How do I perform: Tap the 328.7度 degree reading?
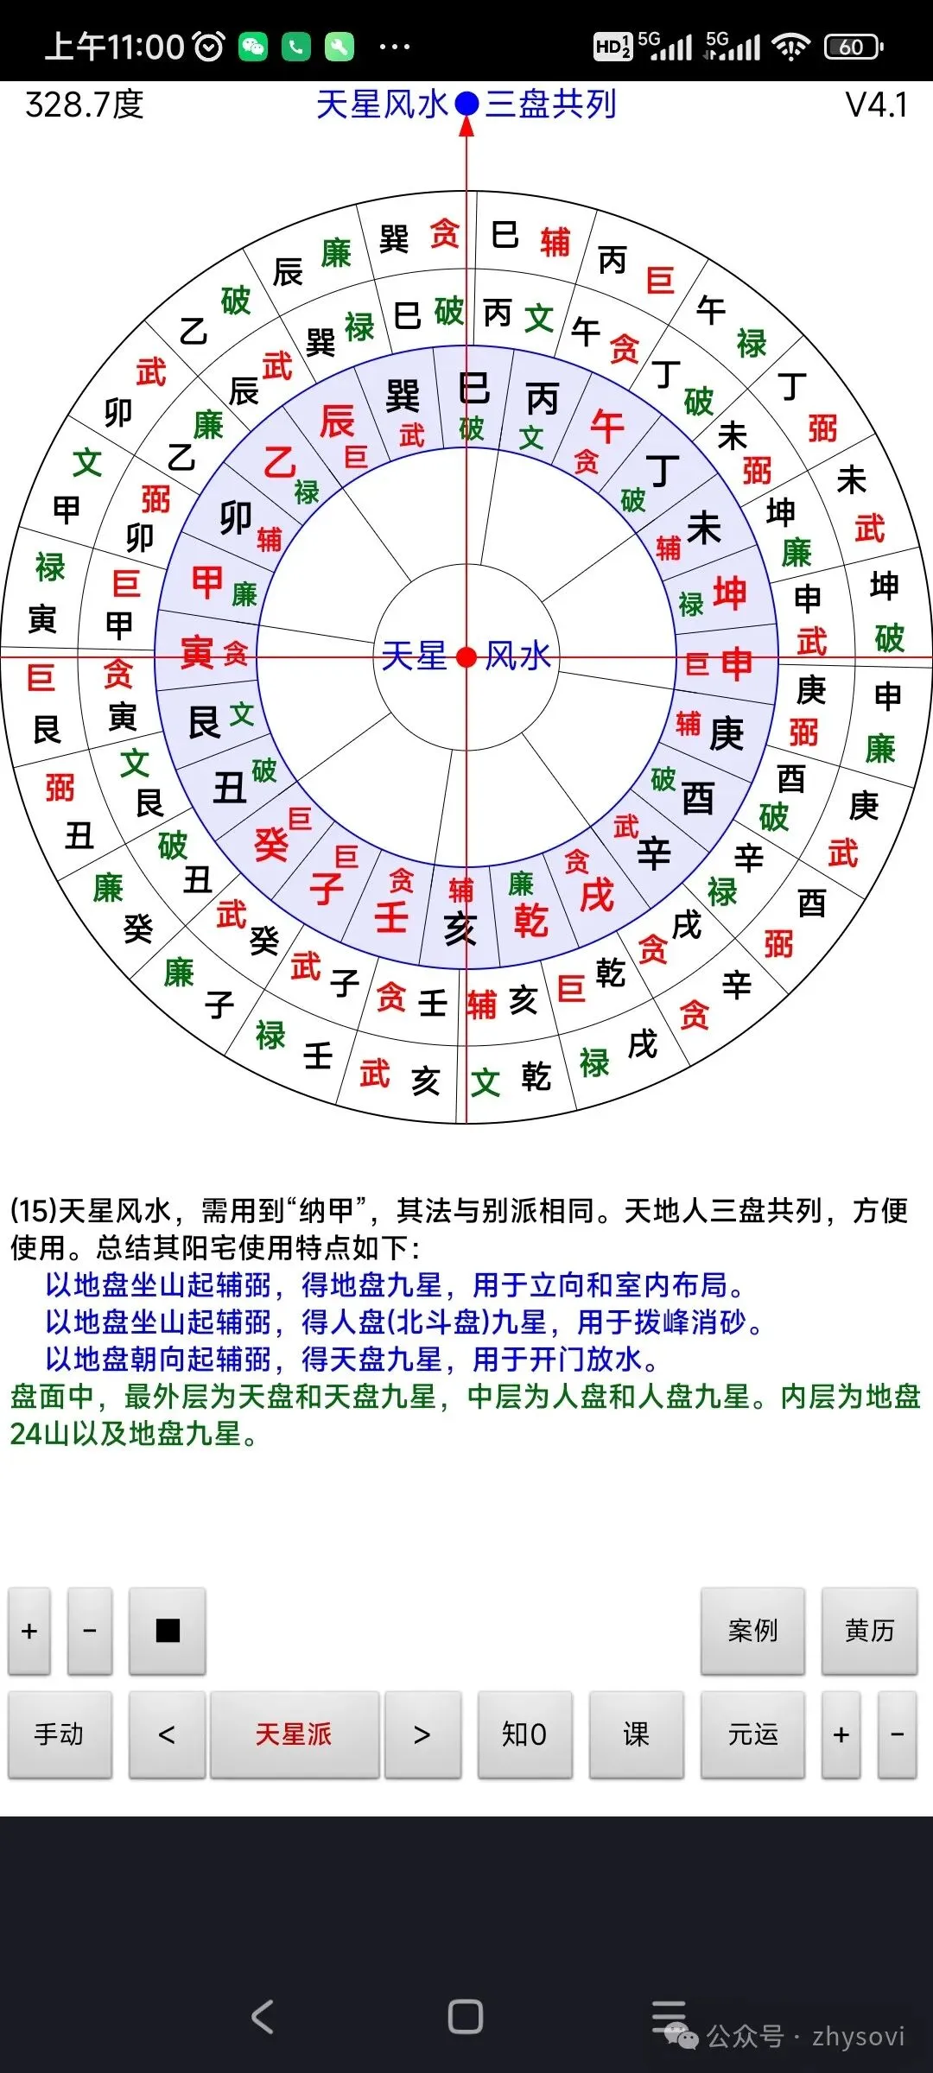click(85, 105)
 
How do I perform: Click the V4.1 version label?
click(876, 105)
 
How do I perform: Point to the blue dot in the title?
click(466, 104)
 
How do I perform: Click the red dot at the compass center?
click(466, 657)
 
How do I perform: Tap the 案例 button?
click(752, 1630)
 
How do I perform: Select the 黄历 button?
click(869, 1630)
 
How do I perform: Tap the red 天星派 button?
click(294, 1734)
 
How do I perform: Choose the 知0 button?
click(524, 1734)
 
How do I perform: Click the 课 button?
click(636, 1734)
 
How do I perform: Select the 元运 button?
click(752, 1734)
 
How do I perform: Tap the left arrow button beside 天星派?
click(167, 1734)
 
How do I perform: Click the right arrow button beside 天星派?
click(422, 1734)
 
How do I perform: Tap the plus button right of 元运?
click(841, 1734)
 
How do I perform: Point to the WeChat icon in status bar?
click(253, 47)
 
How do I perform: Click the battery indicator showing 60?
click(853, 47)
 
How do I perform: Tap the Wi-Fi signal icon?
click(791, 47)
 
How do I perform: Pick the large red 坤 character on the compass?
click(730, 594)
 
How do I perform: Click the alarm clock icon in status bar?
click(209, 47)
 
